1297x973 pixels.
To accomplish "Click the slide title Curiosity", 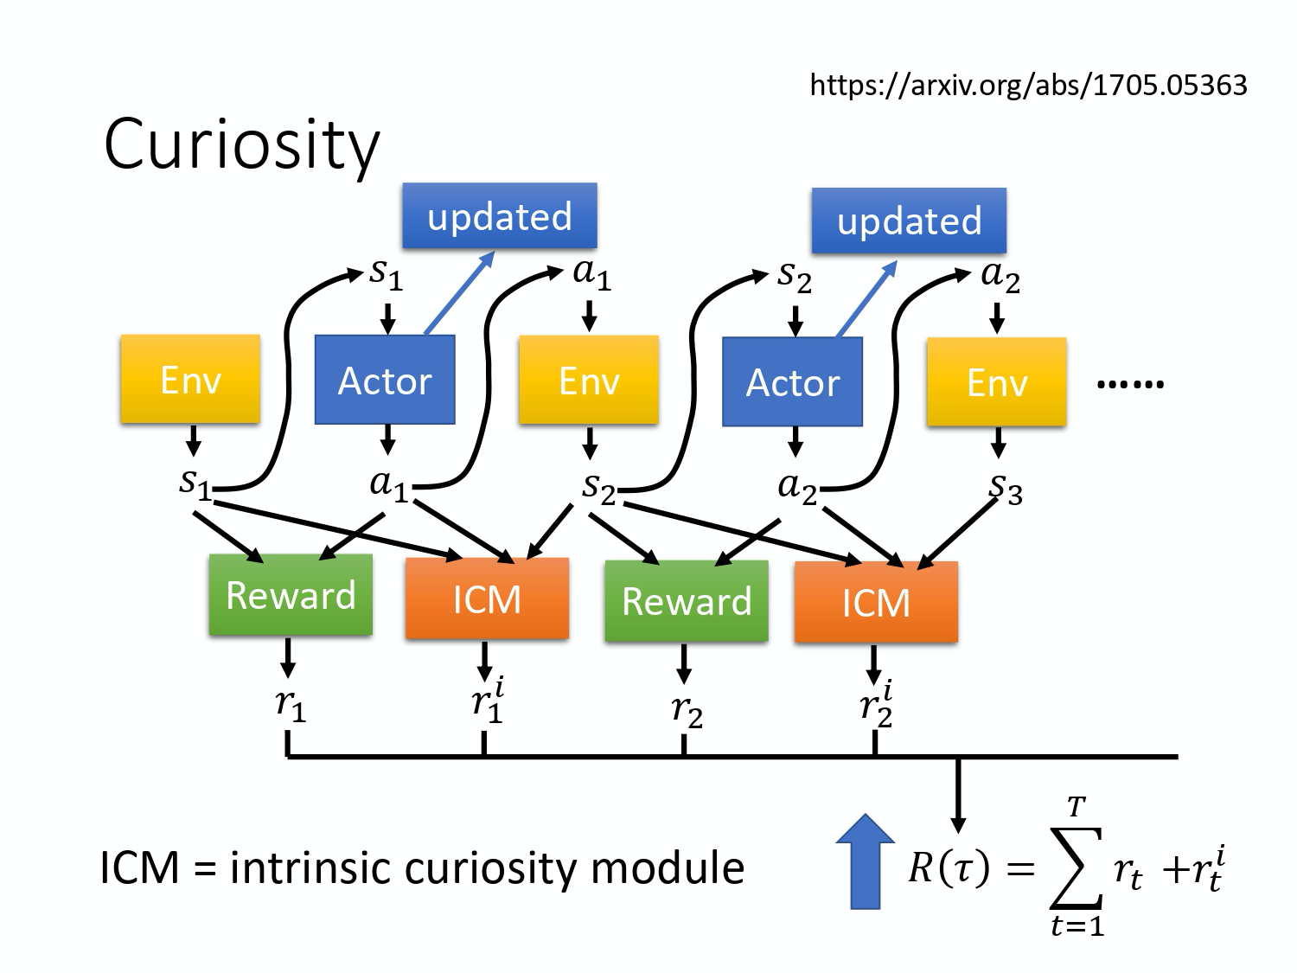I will click(241, 144).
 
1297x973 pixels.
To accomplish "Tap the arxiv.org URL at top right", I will click(1028, 85).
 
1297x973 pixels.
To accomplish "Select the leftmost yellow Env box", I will click(190, 380).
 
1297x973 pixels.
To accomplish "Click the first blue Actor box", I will click(385, 381).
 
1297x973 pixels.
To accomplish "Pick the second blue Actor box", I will click(792, 382).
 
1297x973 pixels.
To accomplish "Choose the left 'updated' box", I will click(500, 216).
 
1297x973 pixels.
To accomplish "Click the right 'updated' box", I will click(909, 221).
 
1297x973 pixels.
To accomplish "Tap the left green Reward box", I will click(291, 596).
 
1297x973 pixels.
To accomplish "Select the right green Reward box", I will click(687, 601).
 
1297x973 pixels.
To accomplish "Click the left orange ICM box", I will click(487, 599).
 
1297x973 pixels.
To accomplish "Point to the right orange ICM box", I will click(876, 602).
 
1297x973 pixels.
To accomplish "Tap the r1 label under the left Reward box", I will click(291, 706).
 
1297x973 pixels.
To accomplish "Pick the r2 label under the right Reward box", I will click(687, 711).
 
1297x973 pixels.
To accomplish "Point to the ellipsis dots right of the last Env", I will click(1130, 383).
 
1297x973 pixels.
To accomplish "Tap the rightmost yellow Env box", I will click(996, 382).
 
